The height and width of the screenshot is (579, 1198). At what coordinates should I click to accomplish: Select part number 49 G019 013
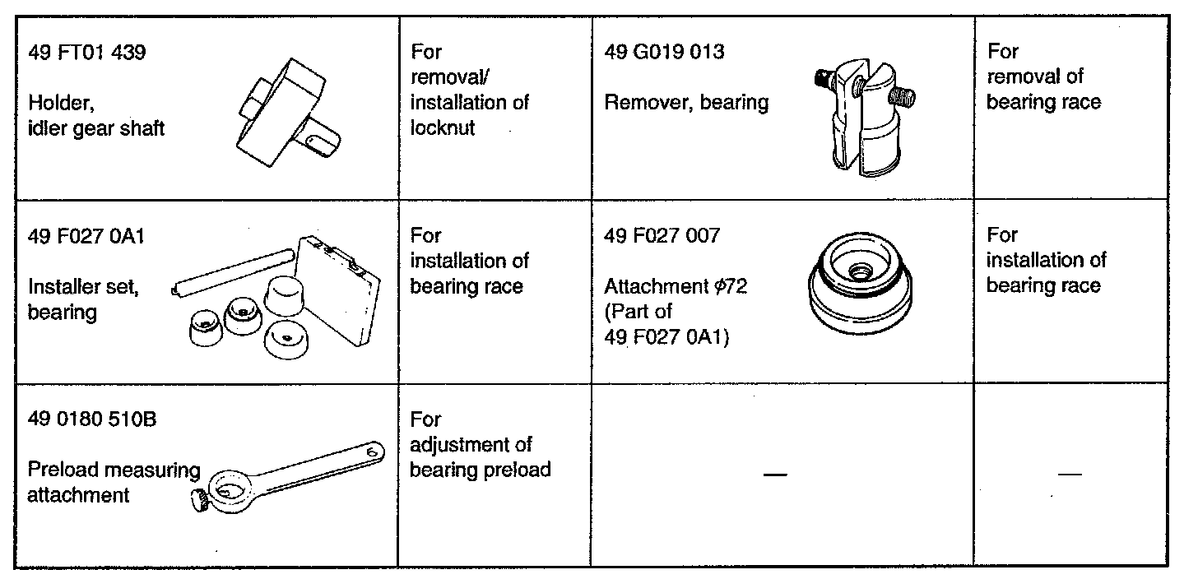[x=664, y=52]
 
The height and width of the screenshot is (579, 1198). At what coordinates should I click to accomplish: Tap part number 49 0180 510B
[x=91, y=420]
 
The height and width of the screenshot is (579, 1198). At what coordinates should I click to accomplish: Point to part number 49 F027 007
[x=662, y=236]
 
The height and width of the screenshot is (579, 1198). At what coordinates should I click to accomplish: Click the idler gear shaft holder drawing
[x=286, y=111]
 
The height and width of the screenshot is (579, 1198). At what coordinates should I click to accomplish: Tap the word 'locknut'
[x=443, y=128]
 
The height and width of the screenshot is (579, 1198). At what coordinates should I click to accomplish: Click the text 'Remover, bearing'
[x=686, y=103]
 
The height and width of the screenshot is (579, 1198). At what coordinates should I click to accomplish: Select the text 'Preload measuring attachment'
[x=113, y=483]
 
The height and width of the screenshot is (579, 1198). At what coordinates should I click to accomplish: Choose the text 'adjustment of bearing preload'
[x=480, y=457]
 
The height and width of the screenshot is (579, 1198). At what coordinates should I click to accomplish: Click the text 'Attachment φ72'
[x=675, y=287]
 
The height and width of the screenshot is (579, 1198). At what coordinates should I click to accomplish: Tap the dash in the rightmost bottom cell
[x=1069, y=475]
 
